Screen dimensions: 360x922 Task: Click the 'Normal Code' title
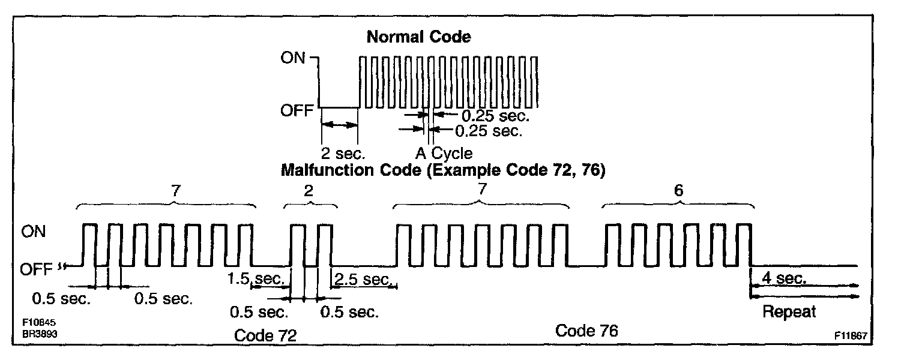click(x=418, y=37)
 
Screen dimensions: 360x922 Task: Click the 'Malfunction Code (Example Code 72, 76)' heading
click(x=442, y=170)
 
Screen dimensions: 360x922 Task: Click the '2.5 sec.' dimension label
click(x=362, y=279)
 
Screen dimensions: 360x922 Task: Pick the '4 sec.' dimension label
click(x=783, y=278)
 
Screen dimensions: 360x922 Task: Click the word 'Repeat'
click(x=789, y=312)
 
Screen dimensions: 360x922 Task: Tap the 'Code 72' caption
click(x=266, y=335)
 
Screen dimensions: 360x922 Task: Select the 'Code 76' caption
click(x=586, y=331)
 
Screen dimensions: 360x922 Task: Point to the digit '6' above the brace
click(x=678, y=191)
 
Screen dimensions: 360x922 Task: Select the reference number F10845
click(x=39, y=323)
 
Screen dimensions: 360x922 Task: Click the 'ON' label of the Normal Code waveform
click(x=293, y=58)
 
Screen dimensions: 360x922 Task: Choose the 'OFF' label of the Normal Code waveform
click(x=297, y=111)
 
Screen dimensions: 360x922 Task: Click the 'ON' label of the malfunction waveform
click(x=33, y=232)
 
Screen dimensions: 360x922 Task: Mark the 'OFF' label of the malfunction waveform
click(x=37, y=269)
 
